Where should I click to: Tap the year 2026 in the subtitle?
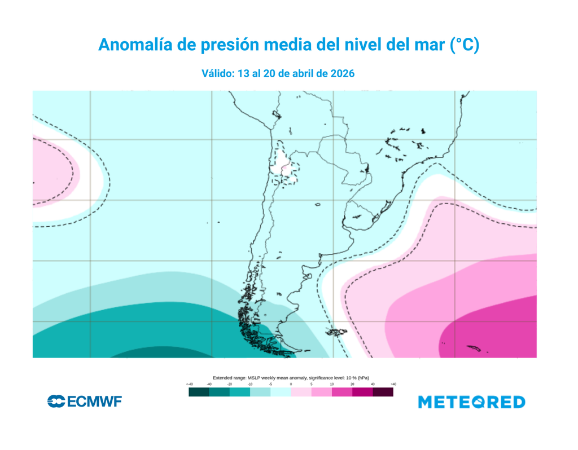(342, 73)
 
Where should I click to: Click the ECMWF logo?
(85, 402)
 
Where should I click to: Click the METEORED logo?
(471, 402)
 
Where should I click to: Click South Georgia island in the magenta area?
(473, 348)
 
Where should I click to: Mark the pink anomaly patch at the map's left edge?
(54, 172)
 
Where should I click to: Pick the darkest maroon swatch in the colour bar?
(383, 392)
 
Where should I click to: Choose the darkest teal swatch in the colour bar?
(199, 392)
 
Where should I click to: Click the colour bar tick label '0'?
(291, 384)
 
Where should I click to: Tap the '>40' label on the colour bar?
(393, 384)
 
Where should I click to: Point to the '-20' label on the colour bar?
(230, 384)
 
